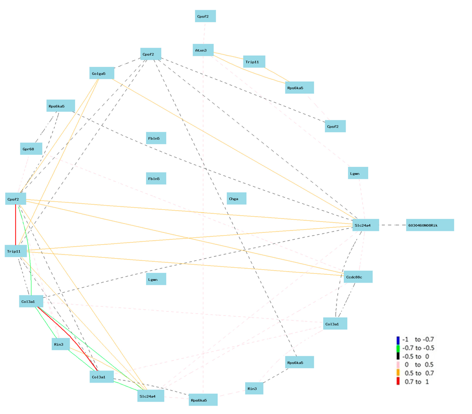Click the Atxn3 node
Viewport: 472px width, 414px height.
(203, 50)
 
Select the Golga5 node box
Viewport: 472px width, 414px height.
(102, 73)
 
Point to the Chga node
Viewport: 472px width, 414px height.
(236, 199)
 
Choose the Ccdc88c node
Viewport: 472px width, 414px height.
(357, 277)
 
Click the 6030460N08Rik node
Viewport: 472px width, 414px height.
(430, 225)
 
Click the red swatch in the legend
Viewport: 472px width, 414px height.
(398, 381)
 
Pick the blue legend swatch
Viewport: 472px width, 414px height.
(398, 339)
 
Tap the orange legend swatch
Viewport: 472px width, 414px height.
(398, 373)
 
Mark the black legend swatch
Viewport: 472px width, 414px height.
(398, 356)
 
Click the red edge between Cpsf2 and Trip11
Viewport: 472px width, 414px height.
(16, 226)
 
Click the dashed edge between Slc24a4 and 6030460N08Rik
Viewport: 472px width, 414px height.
(392, 225)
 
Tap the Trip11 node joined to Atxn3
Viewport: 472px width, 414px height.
(254, 61)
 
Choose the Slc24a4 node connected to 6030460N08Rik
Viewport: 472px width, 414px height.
(366, 225)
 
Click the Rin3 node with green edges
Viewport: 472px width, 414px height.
(60, 343)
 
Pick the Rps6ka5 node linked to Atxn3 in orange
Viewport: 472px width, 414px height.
(299, 88)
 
